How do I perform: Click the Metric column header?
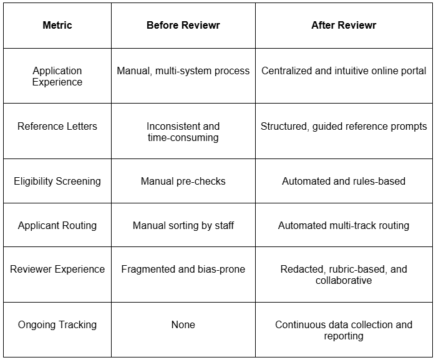pyautogui.click(x=57, y=26)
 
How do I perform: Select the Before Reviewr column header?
pyautogui.click(x=183, y=26)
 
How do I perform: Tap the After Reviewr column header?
pyautogui.click(x=344, y=26)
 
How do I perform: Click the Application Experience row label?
pyautogui.click(x=57, y=76)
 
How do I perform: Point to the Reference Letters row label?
pyautogui.click(x=57, y=126)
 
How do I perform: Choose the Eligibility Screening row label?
pyautogui.click(x=57, y=182)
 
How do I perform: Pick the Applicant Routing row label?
pyautogui.click(x=57, y=225)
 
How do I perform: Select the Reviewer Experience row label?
pyautogui.click(x=57, y=269)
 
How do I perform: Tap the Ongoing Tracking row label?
pyautogui.click(x=57, y=324)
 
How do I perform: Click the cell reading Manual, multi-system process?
pyautogui.click(x=183, y=71)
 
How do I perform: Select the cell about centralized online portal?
pyautogui.click(x=344, y=71)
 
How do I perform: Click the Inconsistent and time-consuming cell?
pyautogui.click(x=183, y=132)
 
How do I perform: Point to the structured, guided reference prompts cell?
pyautogui.click(x=344, y=126)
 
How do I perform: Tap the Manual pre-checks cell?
pyautogui.click(x=183, y=182)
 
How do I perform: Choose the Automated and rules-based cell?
pyautogui.click(x=344, y=182)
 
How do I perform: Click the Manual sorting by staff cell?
pyautogui.click(x=183, y=225)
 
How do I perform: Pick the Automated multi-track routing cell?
pyautogui.click(x=344, y=225)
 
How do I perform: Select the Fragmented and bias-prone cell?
pyautogui.click(x=183, y=269)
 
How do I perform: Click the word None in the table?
pyautogui.click(x=183, y=324)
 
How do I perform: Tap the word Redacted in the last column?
pyautogui.click(x=301, y=269)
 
